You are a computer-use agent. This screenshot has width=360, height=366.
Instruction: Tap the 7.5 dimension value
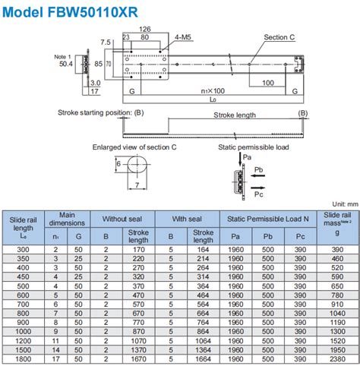click(106, 43)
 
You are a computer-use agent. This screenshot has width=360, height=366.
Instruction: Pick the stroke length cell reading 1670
click(137, 360)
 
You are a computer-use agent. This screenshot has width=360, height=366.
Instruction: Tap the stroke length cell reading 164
click(202, 248)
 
